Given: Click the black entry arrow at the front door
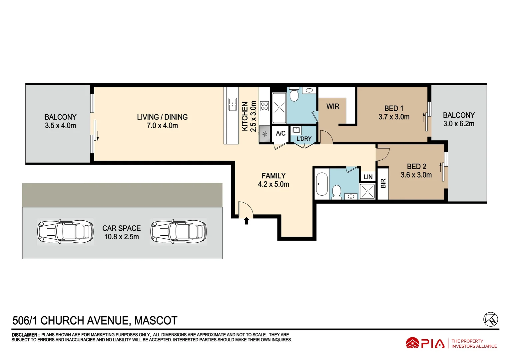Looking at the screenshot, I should tap(247, 221).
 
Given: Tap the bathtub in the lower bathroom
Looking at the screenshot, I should tap(321, 184).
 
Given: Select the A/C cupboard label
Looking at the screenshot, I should tap(280, 133).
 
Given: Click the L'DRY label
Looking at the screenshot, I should tap(304, 139).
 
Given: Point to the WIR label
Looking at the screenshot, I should tap(333, 106).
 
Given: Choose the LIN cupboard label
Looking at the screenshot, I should tap(368, 177).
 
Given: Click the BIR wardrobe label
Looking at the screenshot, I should tap(383, 183).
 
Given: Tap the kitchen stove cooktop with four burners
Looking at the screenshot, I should tap(264, 106).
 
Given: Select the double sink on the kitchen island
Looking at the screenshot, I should tap(233, 104).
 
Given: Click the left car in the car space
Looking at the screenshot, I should tap(65, 231).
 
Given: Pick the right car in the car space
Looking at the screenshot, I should tap(179, 231).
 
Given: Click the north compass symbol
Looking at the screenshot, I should tap(490, 319).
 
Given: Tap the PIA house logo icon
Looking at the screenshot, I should tap(412, 343).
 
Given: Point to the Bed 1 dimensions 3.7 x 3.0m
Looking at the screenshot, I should tap(394, 117).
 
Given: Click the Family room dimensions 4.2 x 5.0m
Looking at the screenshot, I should tap(273, 184).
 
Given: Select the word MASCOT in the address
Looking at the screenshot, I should tap(156, 321).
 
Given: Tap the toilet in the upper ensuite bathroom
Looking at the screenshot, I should tap(294, 95).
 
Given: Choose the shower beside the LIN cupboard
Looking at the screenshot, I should tap(367, 192).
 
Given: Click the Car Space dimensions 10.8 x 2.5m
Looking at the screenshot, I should tap(122, 237).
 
